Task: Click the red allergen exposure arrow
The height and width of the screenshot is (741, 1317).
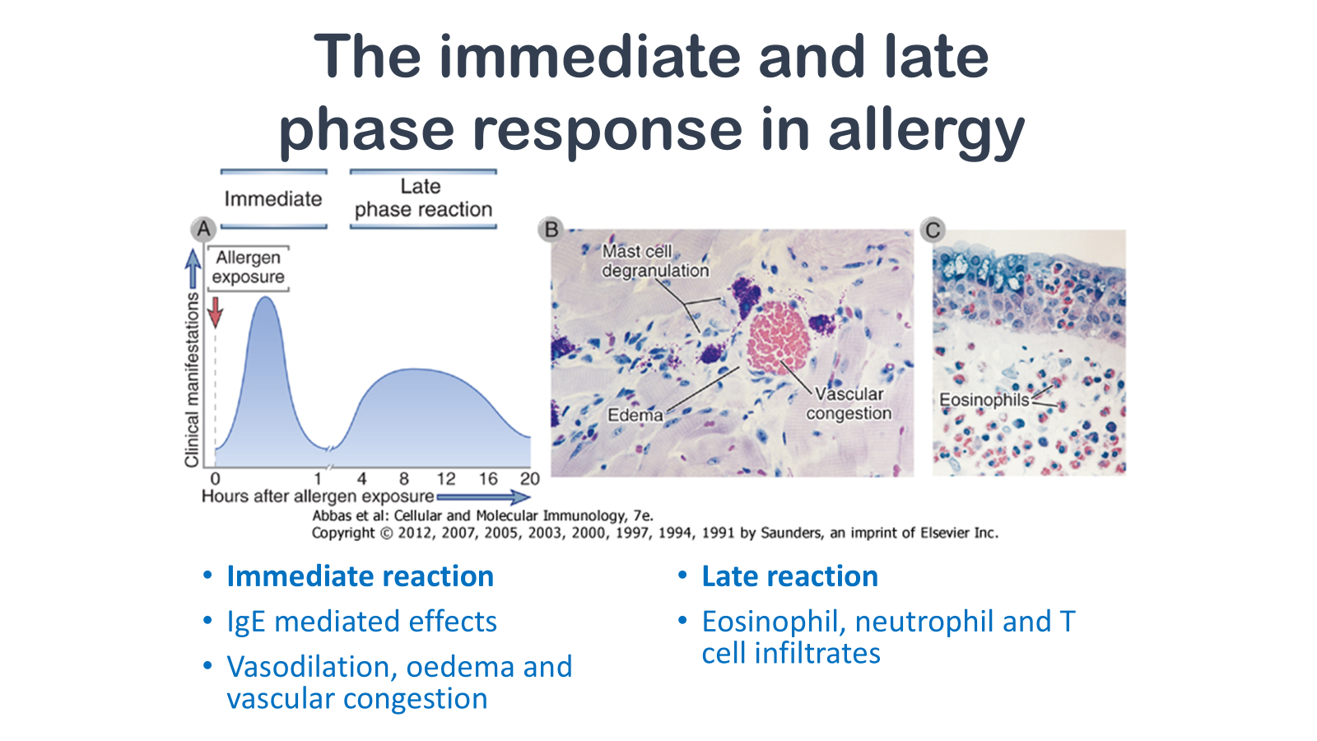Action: coord(216,312)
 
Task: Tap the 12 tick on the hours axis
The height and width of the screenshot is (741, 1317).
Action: coord(445,478)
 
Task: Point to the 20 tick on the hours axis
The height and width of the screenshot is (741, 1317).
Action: coord(529,478)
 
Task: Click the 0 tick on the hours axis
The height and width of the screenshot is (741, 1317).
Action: coord(215,478)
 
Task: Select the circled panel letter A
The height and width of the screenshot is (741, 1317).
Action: coord(203,229)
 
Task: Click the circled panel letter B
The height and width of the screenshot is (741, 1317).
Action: coord(551,229)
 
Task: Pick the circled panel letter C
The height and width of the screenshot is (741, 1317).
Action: coord(933,230)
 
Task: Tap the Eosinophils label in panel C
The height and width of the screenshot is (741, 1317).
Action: coord(984,400)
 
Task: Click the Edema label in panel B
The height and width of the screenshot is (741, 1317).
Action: coord(635,415)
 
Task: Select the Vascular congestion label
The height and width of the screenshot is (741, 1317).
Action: coord(849,403)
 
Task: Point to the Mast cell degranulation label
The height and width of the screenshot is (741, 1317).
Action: coord(655,260)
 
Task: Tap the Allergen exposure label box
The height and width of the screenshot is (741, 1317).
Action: coord(248,268)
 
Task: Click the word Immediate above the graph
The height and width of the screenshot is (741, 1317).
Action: coord(272,198)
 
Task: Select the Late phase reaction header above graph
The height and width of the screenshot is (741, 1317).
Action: coord(423,198)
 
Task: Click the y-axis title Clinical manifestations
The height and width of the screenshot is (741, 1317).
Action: coord(192,380)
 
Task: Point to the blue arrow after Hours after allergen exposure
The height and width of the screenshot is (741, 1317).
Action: coord(483,497)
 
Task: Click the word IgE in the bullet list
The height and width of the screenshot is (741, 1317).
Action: coord(246,622)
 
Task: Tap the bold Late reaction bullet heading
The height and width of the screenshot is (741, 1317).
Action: coord(789,576)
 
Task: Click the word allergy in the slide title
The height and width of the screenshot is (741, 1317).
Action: coord(927,131)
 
